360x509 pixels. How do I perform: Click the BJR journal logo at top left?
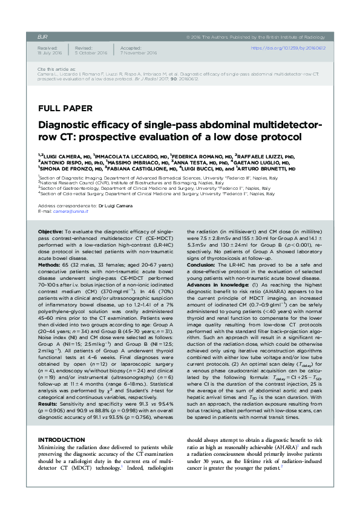click(x=43, y=37)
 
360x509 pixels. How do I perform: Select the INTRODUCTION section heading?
click(x=62, y=421)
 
